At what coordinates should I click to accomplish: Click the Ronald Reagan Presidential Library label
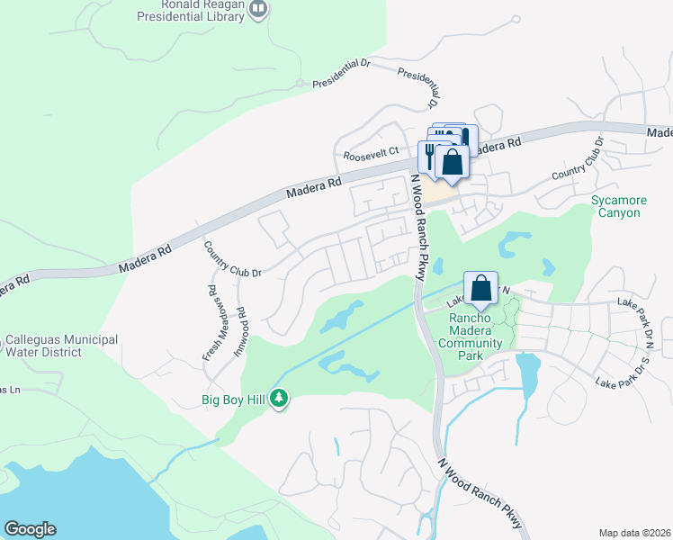pos(193,9)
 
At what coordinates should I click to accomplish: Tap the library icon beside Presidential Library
pos(259,9)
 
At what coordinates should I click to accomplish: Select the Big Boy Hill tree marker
pos(279,398)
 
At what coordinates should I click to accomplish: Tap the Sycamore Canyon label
pos(616,206)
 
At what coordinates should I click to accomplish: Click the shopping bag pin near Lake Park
pos(481,288)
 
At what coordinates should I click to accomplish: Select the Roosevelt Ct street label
pos(371,152)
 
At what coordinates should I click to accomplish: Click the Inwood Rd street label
pos(241,331)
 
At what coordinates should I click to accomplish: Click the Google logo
pos(30,529)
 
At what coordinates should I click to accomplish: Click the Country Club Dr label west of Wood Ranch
pos(231,259)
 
